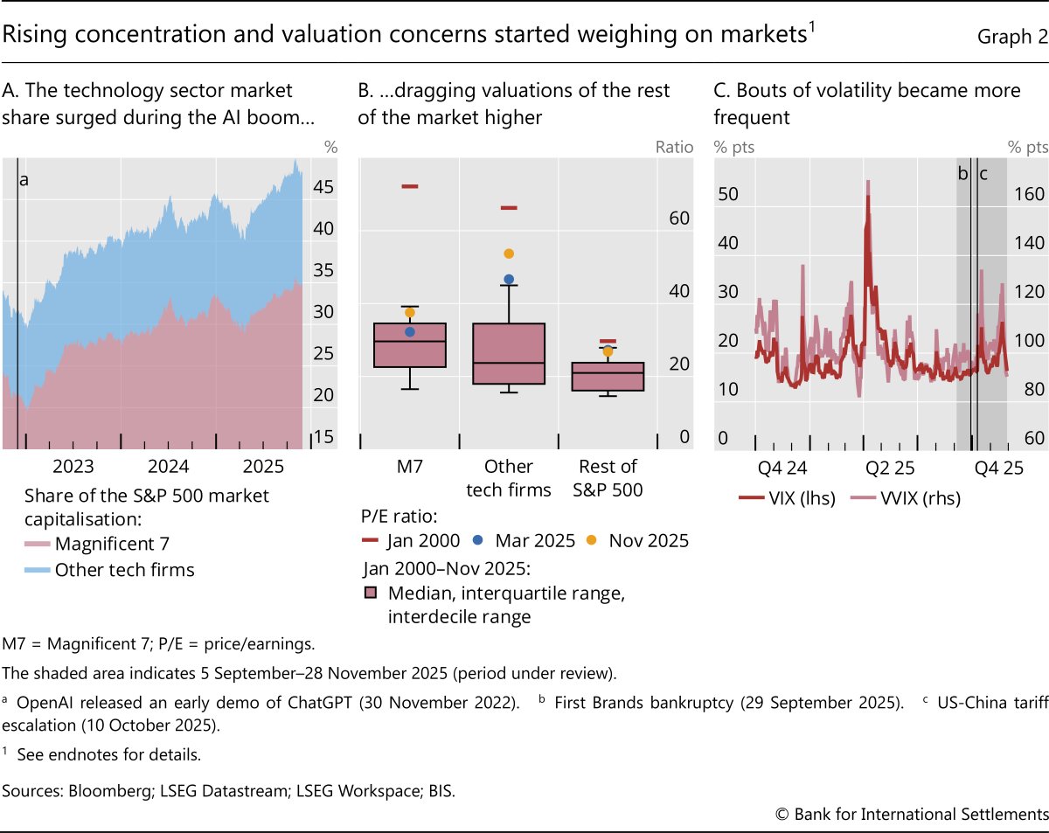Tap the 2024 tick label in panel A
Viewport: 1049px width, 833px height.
tap(169, 466)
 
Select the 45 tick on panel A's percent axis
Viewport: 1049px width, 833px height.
tap(323, 188)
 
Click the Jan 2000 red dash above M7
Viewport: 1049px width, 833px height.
tap(409, 186)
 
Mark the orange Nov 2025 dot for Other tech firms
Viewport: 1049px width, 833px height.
tap(509, 253)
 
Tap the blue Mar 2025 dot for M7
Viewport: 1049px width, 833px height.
tap(410, 331)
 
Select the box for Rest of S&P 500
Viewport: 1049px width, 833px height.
tap(608, 376)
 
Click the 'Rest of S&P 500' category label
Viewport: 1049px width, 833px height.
tap(608, 477)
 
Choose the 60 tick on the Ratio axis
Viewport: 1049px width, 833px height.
tap(679, 219)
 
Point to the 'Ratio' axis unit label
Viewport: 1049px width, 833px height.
tap(674, 147)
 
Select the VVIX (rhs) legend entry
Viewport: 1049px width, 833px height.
tap(905, 499)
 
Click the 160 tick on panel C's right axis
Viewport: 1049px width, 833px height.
tap(1028, 194)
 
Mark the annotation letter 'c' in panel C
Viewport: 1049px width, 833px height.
tap(983, 174)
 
